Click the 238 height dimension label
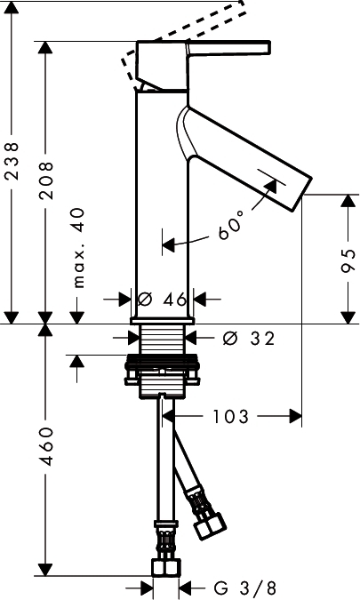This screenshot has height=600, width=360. (12, 162)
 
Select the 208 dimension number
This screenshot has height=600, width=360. (47, 180)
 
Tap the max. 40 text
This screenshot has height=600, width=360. (78, 248)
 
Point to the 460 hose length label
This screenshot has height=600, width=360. (47, 447)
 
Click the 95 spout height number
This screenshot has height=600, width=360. (348, 260)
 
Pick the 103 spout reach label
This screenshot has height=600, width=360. (230, 416)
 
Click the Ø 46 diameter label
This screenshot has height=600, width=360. (162, 299)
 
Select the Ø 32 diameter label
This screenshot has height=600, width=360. (249, 338)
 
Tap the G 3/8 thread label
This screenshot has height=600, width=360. (244, 587)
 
